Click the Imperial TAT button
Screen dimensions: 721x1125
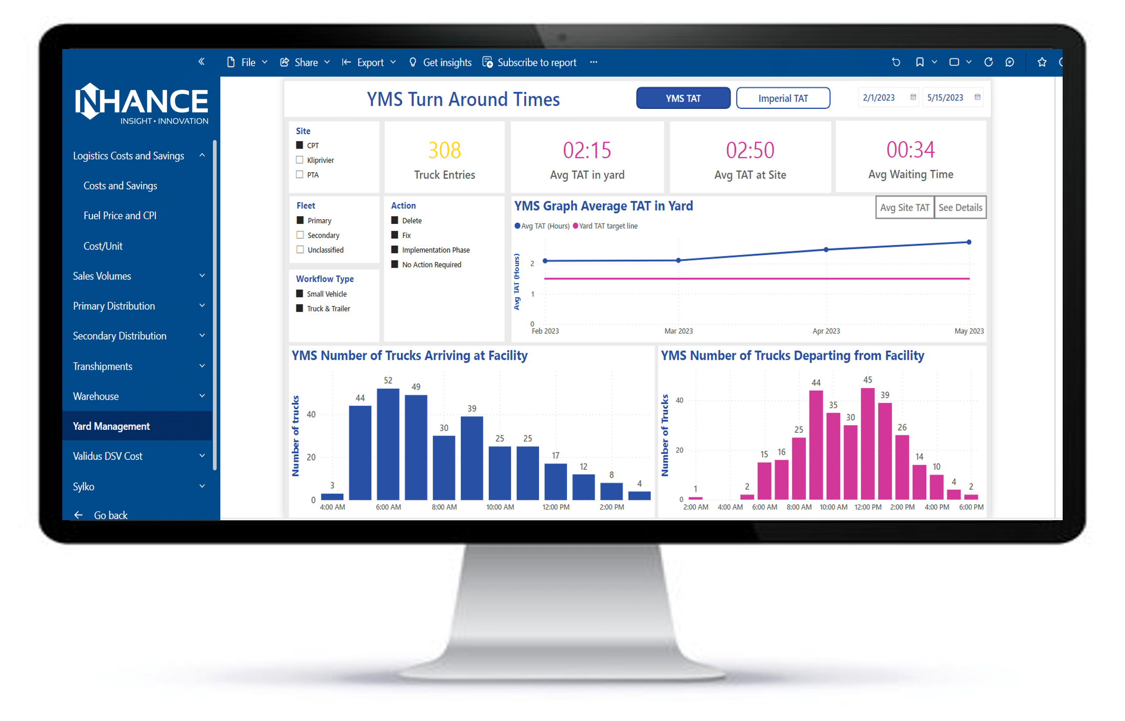tap(783, 98)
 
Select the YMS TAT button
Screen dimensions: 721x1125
tap(683, 98)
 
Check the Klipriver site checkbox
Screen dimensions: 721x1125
tap(300, 160)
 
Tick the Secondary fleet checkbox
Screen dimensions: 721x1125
tap(300, 235)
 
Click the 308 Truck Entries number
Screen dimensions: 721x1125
tap(444, 150)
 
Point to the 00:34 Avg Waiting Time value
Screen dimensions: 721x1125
tap(910, 150)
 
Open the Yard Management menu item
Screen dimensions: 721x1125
tap(111, 426)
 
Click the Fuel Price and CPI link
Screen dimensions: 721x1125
tap(120, 216)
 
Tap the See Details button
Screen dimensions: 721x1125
tap(960, 207)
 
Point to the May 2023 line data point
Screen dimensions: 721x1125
tap(969, 242)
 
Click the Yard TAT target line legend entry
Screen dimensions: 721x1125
tap(607, 226)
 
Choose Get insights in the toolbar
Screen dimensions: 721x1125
tap(440, 62)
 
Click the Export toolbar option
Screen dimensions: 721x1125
tap(369, 62)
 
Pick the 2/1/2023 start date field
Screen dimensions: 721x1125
tap(879, 98)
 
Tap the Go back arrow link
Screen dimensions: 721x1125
tap(101, 515)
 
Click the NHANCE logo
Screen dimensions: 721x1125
tap(142, 104)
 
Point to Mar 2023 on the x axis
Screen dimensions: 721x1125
tap(678, 331)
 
